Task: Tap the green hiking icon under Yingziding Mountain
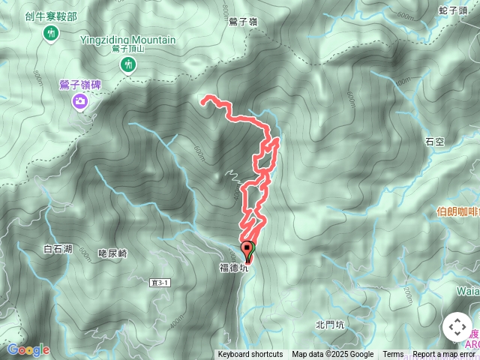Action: pyautogui.click(x=130, y=65)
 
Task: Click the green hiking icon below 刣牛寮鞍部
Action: pyautogui.click(x=51, y=33)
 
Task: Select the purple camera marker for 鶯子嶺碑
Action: pyautogui.click(x=79, y=100)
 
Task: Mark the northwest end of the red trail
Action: pyautogui.click(x=204, y=97)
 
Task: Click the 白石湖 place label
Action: pyautogui.click(x=58, y=249)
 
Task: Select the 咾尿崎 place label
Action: pyautogui.click(x=112, y=254)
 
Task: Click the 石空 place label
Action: pyautogui.click(x=435, y=140)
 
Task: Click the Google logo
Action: pyautogui.click(x=28, y=349)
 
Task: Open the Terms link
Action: pyautogui.click(x=393, y=355)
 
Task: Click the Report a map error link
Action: pyautogui.click(x=444, y=355)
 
